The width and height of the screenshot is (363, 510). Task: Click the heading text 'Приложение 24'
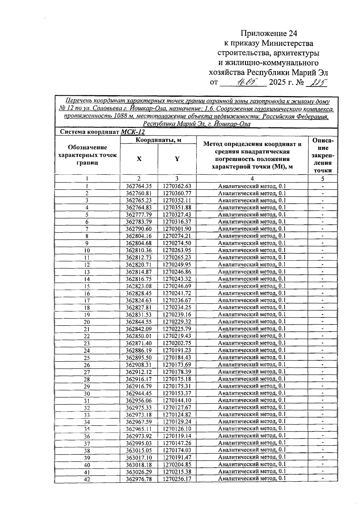pyautogui.click(x=269, y=33)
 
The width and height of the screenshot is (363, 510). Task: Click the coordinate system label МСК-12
pyautogui.click(x=133, y=132)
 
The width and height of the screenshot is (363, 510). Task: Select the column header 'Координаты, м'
pyautogui.click(x=158, y=140)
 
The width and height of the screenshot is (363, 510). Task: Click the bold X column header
pyautogui.click(x=139, y=159)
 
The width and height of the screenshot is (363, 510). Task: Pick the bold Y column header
pyautogui.click(x=177, y=159)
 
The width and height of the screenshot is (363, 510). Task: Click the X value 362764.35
pyautogui.click(x=139, y=186)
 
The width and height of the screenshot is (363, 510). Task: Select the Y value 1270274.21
pyautogui.click(x=177, y=236)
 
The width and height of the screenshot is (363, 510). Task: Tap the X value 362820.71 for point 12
pyautogui.click(x=139, y=265)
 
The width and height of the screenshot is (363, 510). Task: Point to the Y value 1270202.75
pyautogui.click(x=177, y=343)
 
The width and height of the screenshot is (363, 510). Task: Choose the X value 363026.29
pyautogui.click(x=139, y=472)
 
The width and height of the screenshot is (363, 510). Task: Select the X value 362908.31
pyautogui.click(x=139, y=365)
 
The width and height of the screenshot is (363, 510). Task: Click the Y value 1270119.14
pyautogui.click(x=177, y=436)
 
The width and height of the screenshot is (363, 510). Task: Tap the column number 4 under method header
pyautogui.click(x=252, y=179)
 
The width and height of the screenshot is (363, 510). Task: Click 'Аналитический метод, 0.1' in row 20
pyautogui.click(x=252, y=322)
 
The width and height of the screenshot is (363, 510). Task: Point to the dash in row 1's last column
pyautogui.click(x=323, y=187)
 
